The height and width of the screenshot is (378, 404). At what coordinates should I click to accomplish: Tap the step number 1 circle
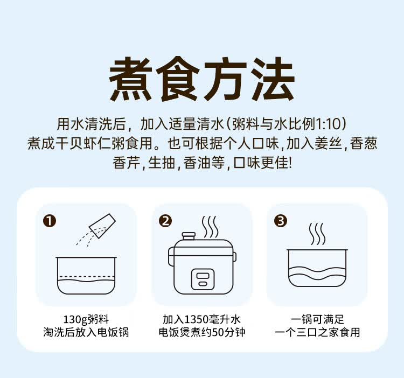pyautogui.click(x=50, y=221)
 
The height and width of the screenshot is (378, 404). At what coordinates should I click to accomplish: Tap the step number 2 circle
pyautogui.click(x=166, y=221)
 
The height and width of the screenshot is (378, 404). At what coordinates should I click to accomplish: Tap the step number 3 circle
pyautogui.click(x=281, y=221)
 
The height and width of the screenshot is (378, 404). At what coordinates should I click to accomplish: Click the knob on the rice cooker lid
pyautogui.click(x=189, y=236)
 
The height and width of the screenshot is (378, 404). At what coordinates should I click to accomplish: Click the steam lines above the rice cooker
pyautogui.click(x=210, y=225)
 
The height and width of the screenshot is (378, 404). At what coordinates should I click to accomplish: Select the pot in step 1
pyautogui.click(x=86, y=275)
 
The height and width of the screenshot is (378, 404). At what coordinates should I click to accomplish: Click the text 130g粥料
pyautogui.click(x=86, y=319)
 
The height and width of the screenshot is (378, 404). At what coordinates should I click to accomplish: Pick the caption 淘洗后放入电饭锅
pyautogui.click(x=86, y=332)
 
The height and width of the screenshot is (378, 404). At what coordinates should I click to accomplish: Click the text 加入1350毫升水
pyautogui.click(x=202, y=319)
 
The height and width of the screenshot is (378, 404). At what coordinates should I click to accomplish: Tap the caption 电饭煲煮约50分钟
pyautogui.click(x=202, y=332)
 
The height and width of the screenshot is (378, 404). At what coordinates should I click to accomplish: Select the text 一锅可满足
pyautogui.click(x=317, y=319)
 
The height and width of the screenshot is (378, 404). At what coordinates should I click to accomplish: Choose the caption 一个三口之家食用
pyautogui.click(x=317, y=332)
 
